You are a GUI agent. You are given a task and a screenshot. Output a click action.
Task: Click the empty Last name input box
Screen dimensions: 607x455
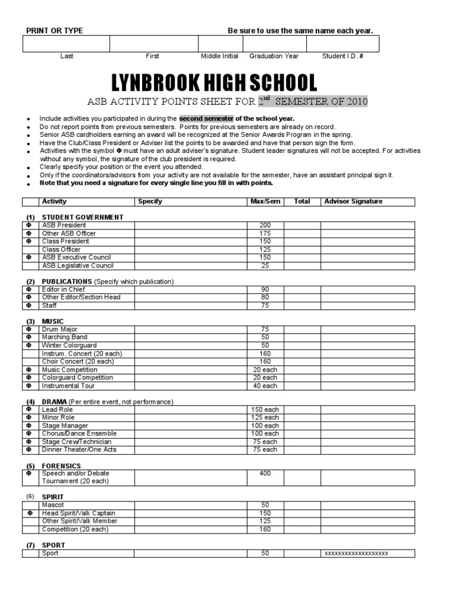pos(66,44)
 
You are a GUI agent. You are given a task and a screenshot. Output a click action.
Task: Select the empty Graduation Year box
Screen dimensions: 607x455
pos(274,44)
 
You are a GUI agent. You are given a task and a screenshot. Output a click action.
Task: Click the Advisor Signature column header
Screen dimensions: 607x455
pos(353,202)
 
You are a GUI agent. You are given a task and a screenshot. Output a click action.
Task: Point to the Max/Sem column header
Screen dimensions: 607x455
pos(265,202)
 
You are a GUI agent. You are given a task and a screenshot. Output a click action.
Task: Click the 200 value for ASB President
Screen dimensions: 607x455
pos(265,225)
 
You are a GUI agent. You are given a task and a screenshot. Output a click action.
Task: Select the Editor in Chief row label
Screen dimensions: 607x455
pos(63,289)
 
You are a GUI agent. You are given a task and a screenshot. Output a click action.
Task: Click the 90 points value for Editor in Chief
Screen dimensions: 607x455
pos(265,289)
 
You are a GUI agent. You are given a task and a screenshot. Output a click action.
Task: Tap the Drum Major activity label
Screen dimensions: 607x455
pos(59,330)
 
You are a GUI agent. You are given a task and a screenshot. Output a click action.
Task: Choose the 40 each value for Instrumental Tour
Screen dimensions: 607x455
pos(265,386)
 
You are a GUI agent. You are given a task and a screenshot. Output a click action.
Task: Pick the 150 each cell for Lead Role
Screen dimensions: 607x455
pos(265,410)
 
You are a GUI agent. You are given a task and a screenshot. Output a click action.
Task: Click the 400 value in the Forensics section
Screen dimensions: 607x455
pos(265,474)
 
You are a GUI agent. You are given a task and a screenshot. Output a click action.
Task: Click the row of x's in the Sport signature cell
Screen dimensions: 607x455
pos(356,554)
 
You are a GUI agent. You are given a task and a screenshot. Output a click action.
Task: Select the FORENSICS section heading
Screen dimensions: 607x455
pos(61,466)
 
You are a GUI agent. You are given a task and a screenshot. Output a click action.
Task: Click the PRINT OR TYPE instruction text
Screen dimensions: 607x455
pos(54,31)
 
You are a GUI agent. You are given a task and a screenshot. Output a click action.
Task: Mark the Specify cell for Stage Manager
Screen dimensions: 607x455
pos(190,426)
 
